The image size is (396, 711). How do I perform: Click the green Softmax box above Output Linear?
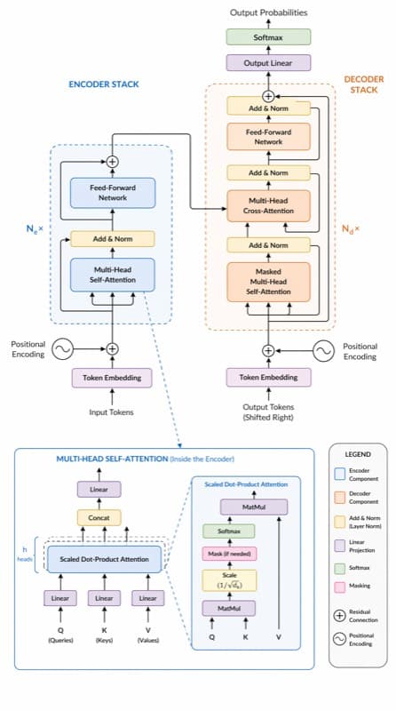click(x=268, y=37)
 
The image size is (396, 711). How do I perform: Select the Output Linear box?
click(x=268, y=63)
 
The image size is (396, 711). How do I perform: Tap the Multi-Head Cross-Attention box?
click(x=268, y=206)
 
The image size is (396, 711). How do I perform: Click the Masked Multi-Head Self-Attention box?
click(x=268, y=282)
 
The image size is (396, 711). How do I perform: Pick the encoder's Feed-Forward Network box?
click(x=113, y=193)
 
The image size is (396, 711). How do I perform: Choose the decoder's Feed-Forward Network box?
click(x=268, y=137)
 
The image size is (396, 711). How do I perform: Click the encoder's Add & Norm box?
click(x=113, y=239)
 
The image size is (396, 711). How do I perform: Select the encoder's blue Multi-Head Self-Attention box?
click(x=113, y=275)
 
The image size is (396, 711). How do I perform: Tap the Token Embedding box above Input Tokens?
click(x=112, y=378)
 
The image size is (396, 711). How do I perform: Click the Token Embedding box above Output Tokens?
click(x=269, y=377)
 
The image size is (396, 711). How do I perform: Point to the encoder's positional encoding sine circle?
click(x=62, y=349)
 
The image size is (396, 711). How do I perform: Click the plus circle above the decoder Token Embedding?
click(x=269, y=350)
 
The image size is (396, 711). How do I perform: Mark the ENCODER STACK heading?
click(x=104, y=84)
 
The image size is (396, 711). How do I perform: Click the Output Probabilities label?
click(x=269, y=12)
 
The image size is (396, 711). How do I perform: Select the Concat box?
click(x=99, y=518)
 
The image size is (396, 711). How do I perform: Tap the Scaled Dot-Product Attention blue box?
click(x=104, y=559)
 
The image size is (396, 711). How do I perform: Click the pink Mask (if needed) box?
click(x=229, y=554)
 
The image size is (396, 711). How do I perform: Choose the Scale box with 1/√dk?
click(x=229, y=581)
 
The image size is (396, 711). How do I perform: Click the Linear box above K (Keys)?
click(x=104, y=598)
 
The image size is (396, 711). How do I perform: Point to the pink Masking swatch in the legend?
click(x=340, y=587)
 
